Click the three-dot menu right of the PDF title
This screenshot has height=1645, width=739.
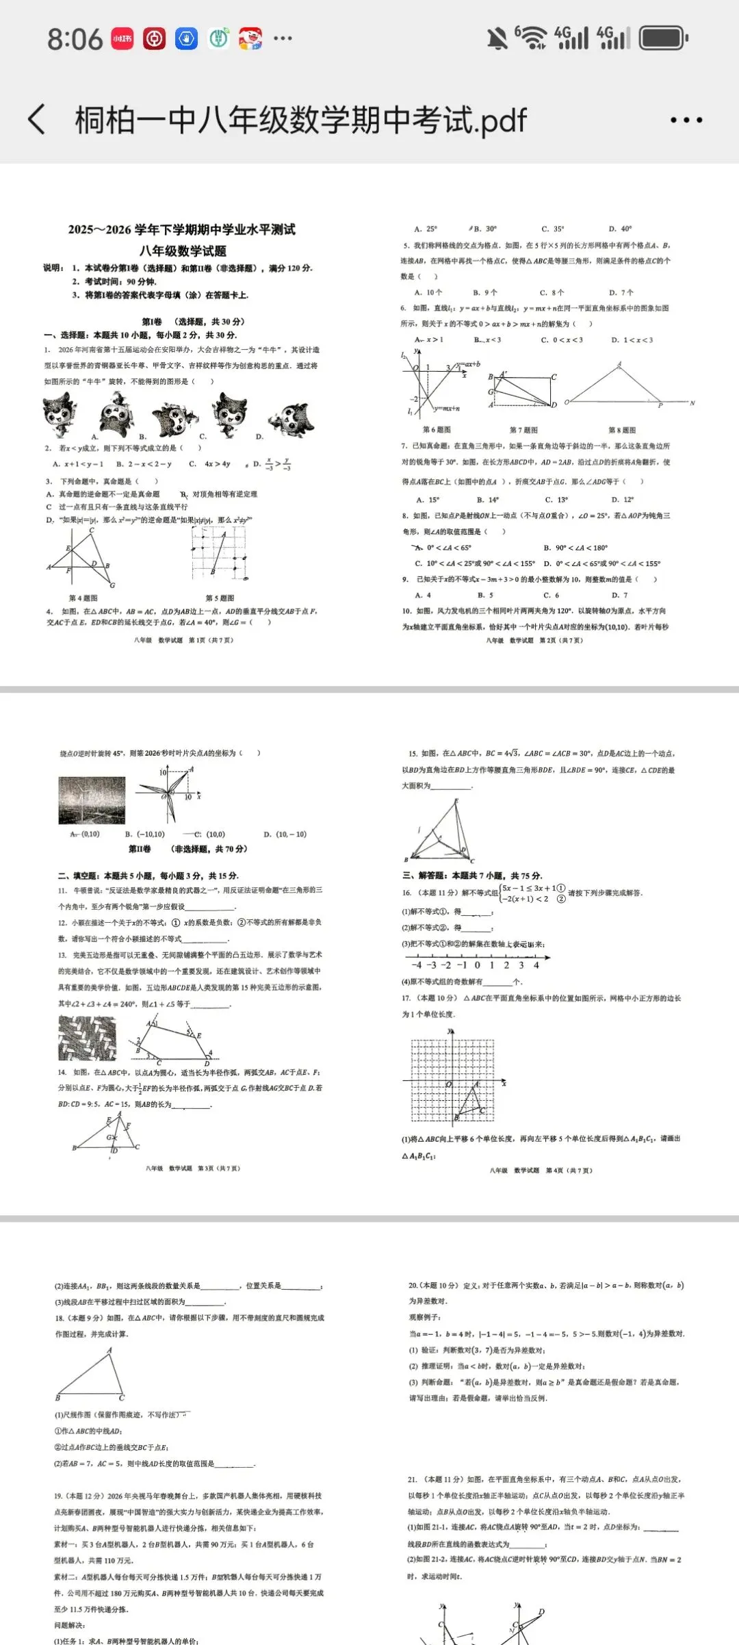[x=686, y=120]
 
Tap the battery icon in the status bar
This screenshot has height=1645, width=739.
[x=663, y=38]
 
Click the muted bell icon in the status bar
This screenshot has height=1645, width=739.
[x=497, y=39]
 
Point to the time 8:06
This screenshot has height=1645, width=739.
[x=75, y=39]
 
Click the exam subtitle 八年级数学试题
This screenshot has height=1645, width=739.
[x=183, y=251]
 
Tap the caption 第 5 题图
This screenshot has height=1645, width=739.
[x=220, y=598]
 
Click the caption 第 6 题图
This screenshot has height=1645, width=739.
[x=437, y=430]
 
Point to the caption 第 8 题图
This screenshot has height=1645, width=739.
[x=622, y=430]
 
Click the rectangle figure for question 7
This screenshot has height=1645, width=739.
[x=521, y=390]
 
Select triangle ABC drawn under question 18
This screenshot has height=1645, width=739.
[x=91, y=1375]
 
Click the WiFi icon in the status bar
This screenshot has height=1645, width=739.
[x=532, y=38]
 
